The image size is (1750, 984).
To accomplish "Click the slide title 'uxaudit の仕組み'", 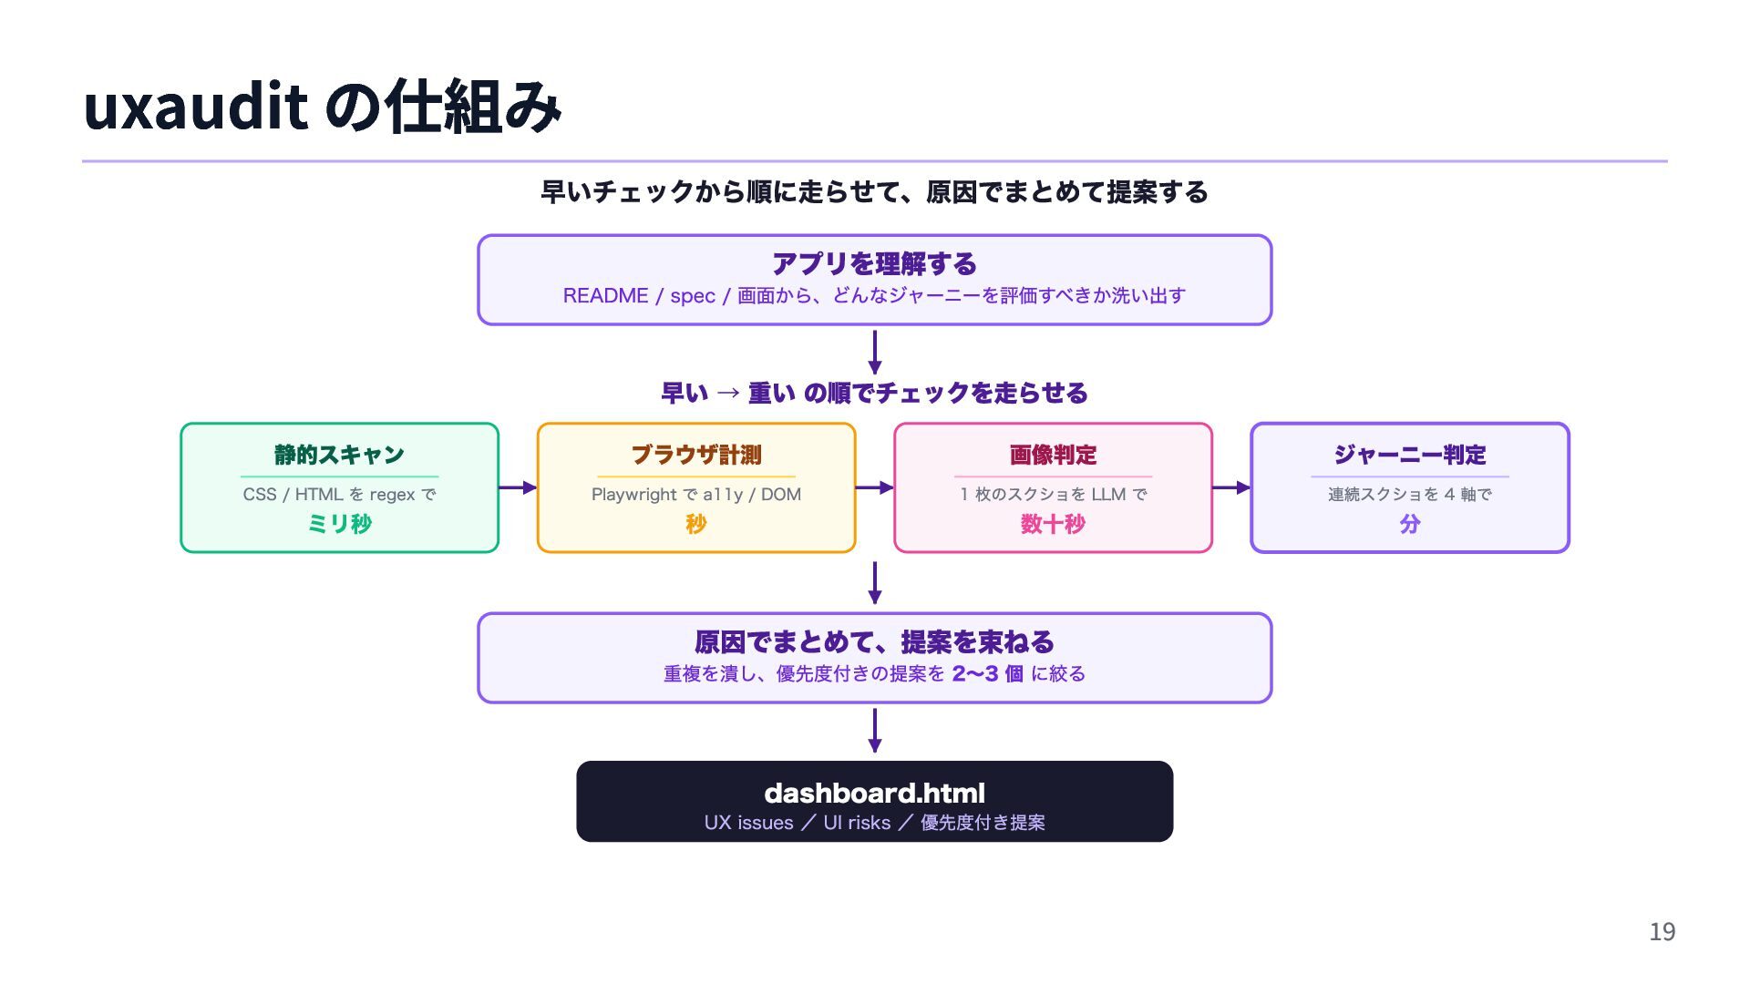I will pos(322,107).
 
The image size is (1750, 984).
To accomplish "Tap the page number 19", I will pos(1662,931).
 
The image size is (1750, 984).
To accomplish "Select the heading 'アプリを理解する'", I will pos(874,264).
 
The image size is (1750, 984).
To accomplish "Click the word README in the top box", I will pos(605,296).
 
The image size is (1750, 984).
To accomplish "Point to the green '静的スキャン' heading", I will pos(339,455).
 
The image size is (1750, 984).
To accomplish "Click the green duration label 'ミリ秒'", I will pos(339,524).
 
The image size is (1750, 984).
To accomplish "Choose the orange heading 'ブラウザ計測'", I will pos(696,455).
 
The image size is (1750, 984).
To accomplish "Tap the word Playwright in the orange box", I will pos(633,495).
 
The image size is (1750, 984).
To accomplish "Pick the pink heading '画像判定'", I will pos(1053,455).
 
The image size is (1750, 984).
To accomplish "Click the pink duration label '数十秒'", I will pos(1053,524).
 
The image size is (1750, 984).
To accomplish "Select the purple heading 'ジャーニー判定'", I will pos(1409,455).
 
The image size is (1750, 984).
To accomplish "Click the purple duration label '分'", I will pos(1409,524).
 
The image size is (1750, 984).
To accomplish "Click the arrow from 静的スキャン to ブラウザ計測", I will pos(518,487).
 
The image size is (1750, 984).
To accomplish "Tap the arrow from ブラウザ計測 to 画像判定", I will pos(874,487).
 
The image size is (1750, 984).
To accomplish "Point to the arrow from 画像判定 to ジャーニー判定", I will pos(1230,487).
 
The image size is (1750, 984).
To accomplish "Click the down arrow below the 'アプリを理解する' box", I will pos(875,352).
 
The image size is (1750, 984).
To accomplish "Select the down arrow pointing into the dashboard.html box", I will pos(875,730).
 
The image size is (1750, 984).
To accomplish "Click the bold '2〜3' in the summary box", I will pos(974,674).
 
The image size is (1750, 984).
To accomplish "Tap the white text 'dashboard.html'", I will pos(874,793).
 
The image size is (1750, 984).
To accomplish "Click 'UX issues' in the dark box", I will pos(748,823).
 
